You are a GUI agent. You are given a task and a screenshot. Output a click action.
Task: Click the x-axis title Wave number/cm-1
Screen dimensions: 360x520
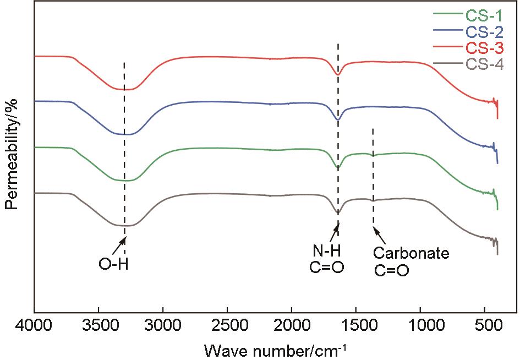click(x=276, y=349)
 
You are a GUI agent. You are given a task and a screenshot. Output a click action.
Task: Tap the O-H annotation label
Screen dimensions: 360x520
click(x=113, y=265)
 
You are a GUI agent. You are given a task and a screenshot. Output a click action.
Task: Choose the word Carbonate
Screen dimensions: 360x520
click(x=411, y=254)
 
